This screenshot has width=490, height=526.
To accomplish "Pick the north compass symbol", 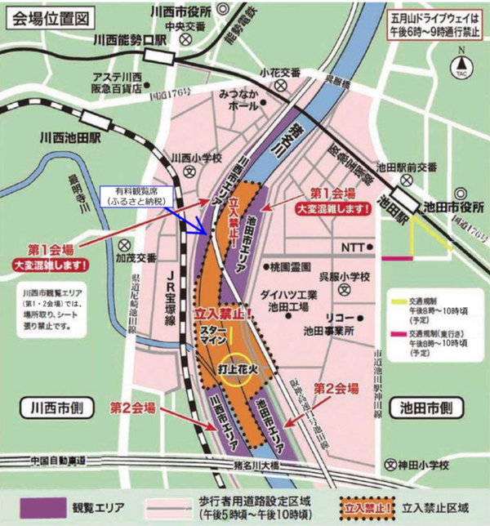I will [462, 64].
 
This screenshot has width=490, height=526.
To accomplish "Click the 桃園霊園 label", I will [289, 267].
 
